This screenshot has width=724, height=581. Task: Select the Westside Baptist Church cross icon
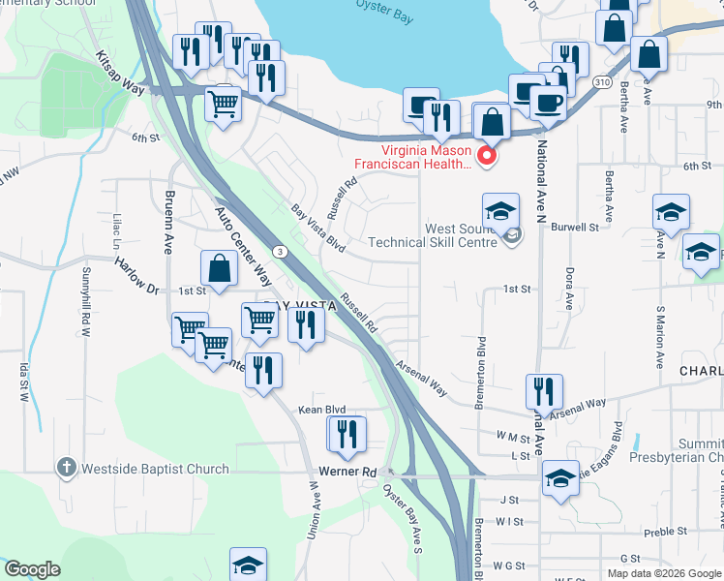pos(66,469)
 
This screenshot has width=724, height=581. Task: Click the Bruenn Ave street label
pos(168,222)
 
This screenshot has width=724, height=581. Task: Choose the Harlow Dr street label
pos(136,274)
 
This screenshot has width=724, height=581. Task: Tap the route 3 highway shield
pos(280,252)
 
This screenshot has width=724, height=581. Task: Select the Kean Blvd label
pos(321,411)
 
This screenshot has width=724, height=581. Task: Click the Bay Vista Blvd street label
pos(318,224)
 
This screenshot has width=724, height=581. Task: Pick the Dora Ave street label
pos(569,288)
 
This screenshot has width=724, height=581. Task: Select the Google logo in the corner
pos(33,569)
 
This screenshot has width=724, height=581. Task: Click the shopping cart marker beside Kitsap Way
pos(224,105)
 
